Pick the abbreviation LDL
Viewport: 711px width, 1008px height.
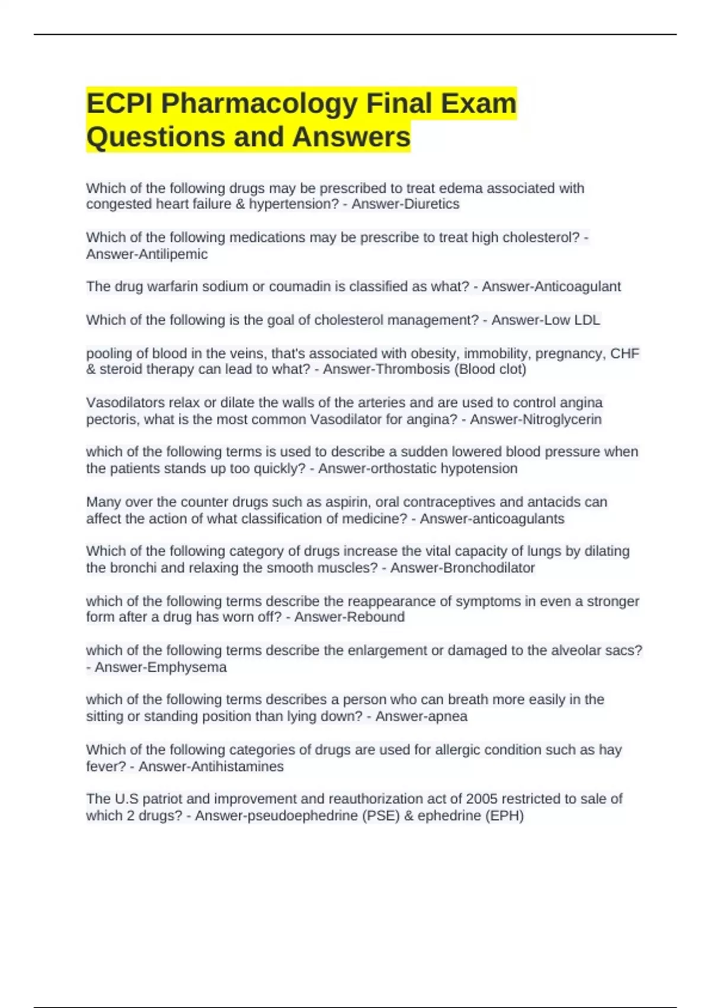(587, 320)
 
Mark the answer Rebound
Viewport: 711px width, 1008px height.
(376, 617)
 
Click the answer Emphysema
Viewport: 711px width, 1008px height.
(187, 668)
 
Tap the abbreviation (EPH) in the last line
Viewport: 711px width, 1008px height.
(504, 816)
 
